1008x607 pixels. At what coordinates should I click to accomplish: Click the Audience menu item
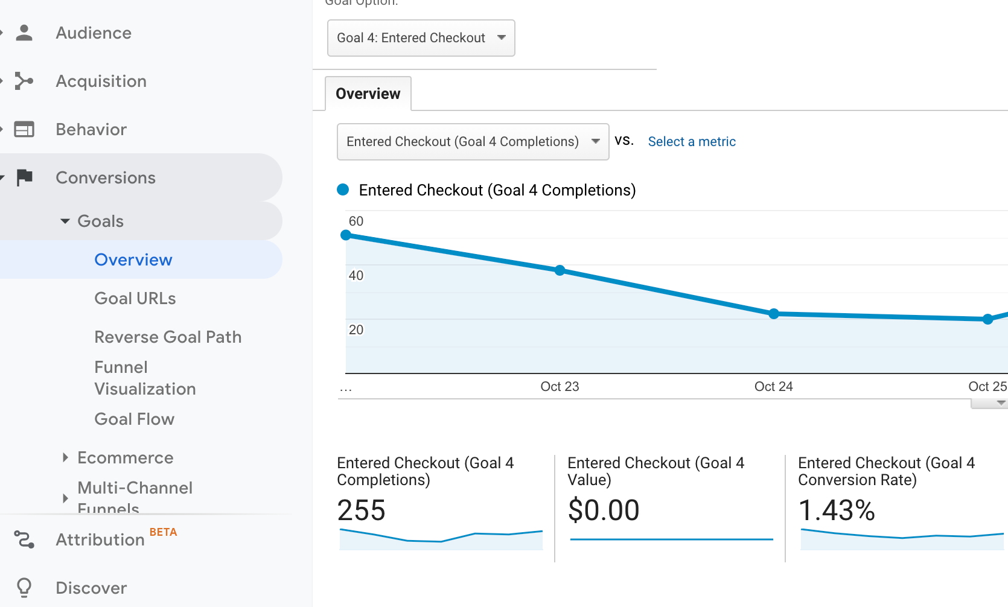[93, 33]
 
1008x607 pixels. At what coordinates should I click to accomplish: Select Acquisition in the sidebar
[101, 81]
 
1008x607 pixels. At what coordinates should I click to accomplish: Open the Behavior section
[91, 130]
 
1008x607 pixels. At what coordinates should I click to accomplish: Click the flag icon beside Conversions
[25, 177]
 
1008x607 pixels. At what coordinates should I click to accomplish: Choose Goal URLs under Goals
[135, 299]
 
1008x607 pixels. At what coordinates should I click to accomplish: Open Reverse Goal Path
[168, 337]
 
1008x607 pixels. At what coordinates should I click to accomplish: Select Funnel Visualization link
[145, 378]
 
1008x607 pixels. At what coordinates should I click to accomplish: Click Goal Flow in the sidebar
[134, 419]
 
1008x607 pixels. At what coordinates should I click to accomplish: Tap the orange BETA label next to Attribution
[163, 532]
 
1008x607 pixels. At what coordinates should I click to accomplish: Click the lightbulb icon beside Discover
[24, 587]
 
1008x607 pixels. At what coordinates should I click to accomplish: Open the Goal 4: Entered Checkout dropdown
[421, 38]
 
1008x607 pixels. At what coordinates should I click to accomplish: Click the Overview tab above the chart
[368, 94]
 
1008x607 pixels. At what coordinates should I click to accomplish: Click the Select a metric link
[692, 142]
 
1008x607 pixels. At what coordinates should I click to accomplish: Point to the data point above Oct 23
[560, 270]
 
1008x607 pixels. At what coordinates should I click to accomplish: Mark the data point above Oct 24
[774, 314]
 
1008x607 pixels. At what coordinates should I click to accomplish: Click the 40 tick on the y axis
[356, 276]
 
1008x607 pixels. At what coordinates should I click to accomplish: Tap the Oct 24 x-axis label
[773, 387]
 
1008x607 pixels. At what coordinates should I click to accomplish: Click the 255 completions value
[361, 510]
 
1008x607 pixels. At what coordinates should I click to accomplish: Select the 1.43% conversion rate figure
[837, 510]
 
